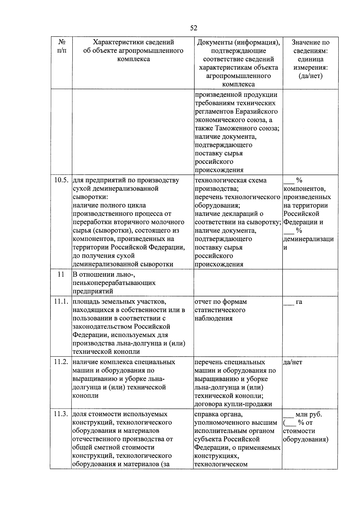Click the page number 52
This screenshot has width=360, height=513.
click(x=193, y=28)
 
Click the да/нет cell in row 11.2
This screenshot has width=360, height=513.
click(x=293, y=362)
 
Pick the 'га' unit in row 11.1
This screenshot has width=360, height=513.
click(x=299, y=302)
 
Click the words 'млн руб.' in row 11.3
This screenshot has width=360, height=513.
click(x=309, y=414)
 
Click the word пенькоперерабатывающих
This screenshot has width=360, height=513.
click(x=114, y=283)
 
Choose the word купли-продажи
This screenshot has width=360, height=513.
click(x=252, y=404)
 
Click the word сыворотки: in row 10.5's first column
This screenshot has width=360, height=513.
click(x=90, y=197)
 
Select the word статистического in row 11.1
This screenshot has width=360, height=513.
click(x=220, y=310)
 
